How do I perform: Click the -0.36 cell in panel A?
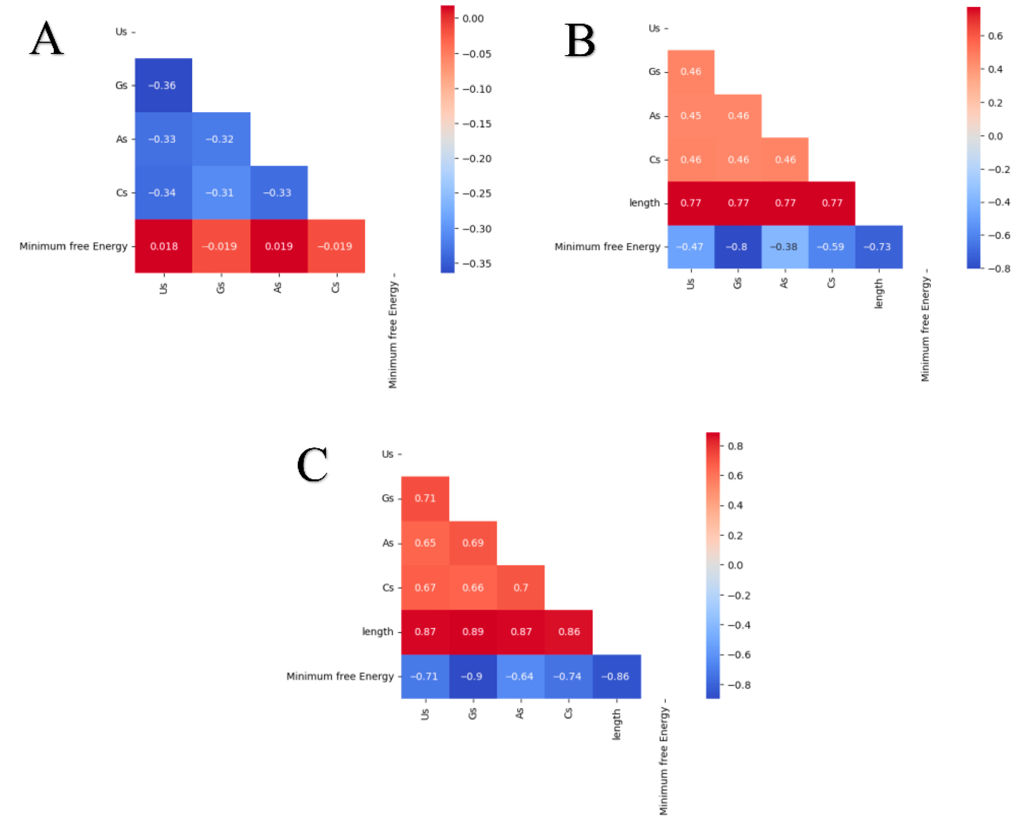tap(163, 85)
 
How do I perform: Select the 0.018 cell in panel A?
tap(163, 246)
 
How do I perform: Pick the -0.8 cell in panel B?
tap(737, 247)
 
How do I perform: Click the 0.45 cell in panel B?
tap(691, 116)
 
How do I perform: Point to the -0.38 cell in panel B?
tap(785, 247)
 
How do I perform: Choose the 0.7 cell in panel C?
tap(521, 588)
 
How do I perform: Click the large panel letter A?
tap(46, 39)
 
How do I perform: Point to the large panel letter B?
tap(580, 41)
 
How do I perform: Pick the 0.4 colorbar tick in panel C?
tap(735, 505)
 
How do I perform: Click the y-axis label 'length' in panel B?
tap(644, 203)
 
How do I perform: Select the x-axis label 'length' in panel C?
tap(616, 724)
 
